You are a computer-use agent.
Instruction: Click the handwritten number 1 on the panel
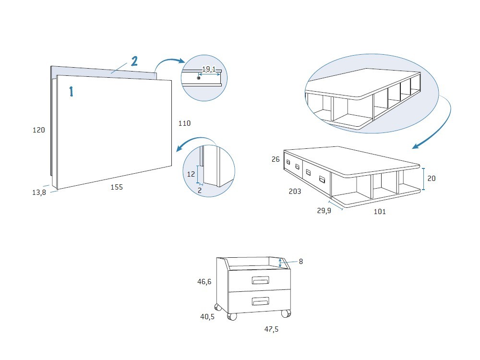pyautogui.click(x=72, y=92)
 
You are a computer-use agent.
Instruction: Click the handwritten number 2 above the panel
pyautogui.click(x=134, y=61)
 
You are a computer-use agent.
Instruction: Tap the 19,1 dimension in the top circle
pyautogui.click(x=209, y=69)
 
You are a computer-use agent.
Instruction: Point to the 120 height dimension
pyautogui.click(x=39, y=130)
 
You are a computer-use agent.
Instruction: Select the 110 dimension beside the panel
pyautogui.click(x=185, y=123)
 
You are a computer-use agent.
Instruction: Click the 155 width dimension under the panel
pyautogui.click(x=117, y=187)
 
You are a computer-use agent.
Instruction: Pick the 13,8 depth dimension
pyautogui.click(x=39, y=192)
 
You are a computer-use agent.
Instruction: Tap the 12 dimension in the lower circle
pyautogui.click(x=191, y=174)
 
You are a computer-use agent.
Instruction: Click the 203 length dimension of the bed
pyautogui.click(x=295, y=192)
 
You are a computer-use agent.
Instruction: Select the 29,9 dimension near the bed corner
pyautogui.click(x=324, y=211)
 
